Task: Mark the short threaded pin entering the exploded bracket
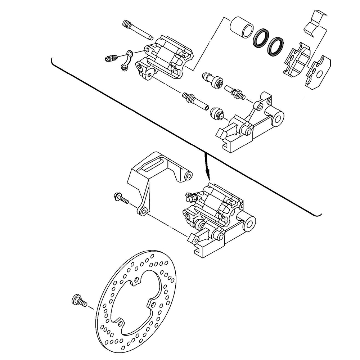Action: click(236, 91)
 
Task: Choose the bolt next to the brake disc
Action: click(80, 301)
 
